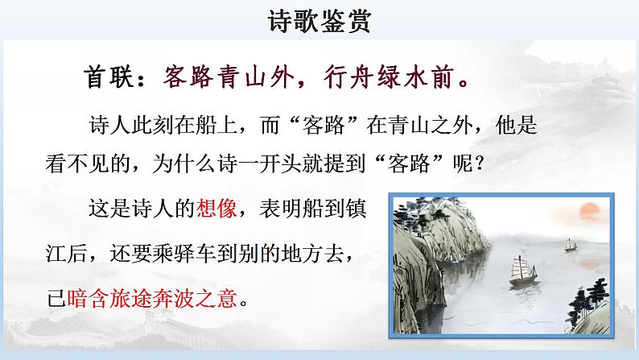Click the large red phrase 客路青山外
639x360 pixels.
coord(220,79)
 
